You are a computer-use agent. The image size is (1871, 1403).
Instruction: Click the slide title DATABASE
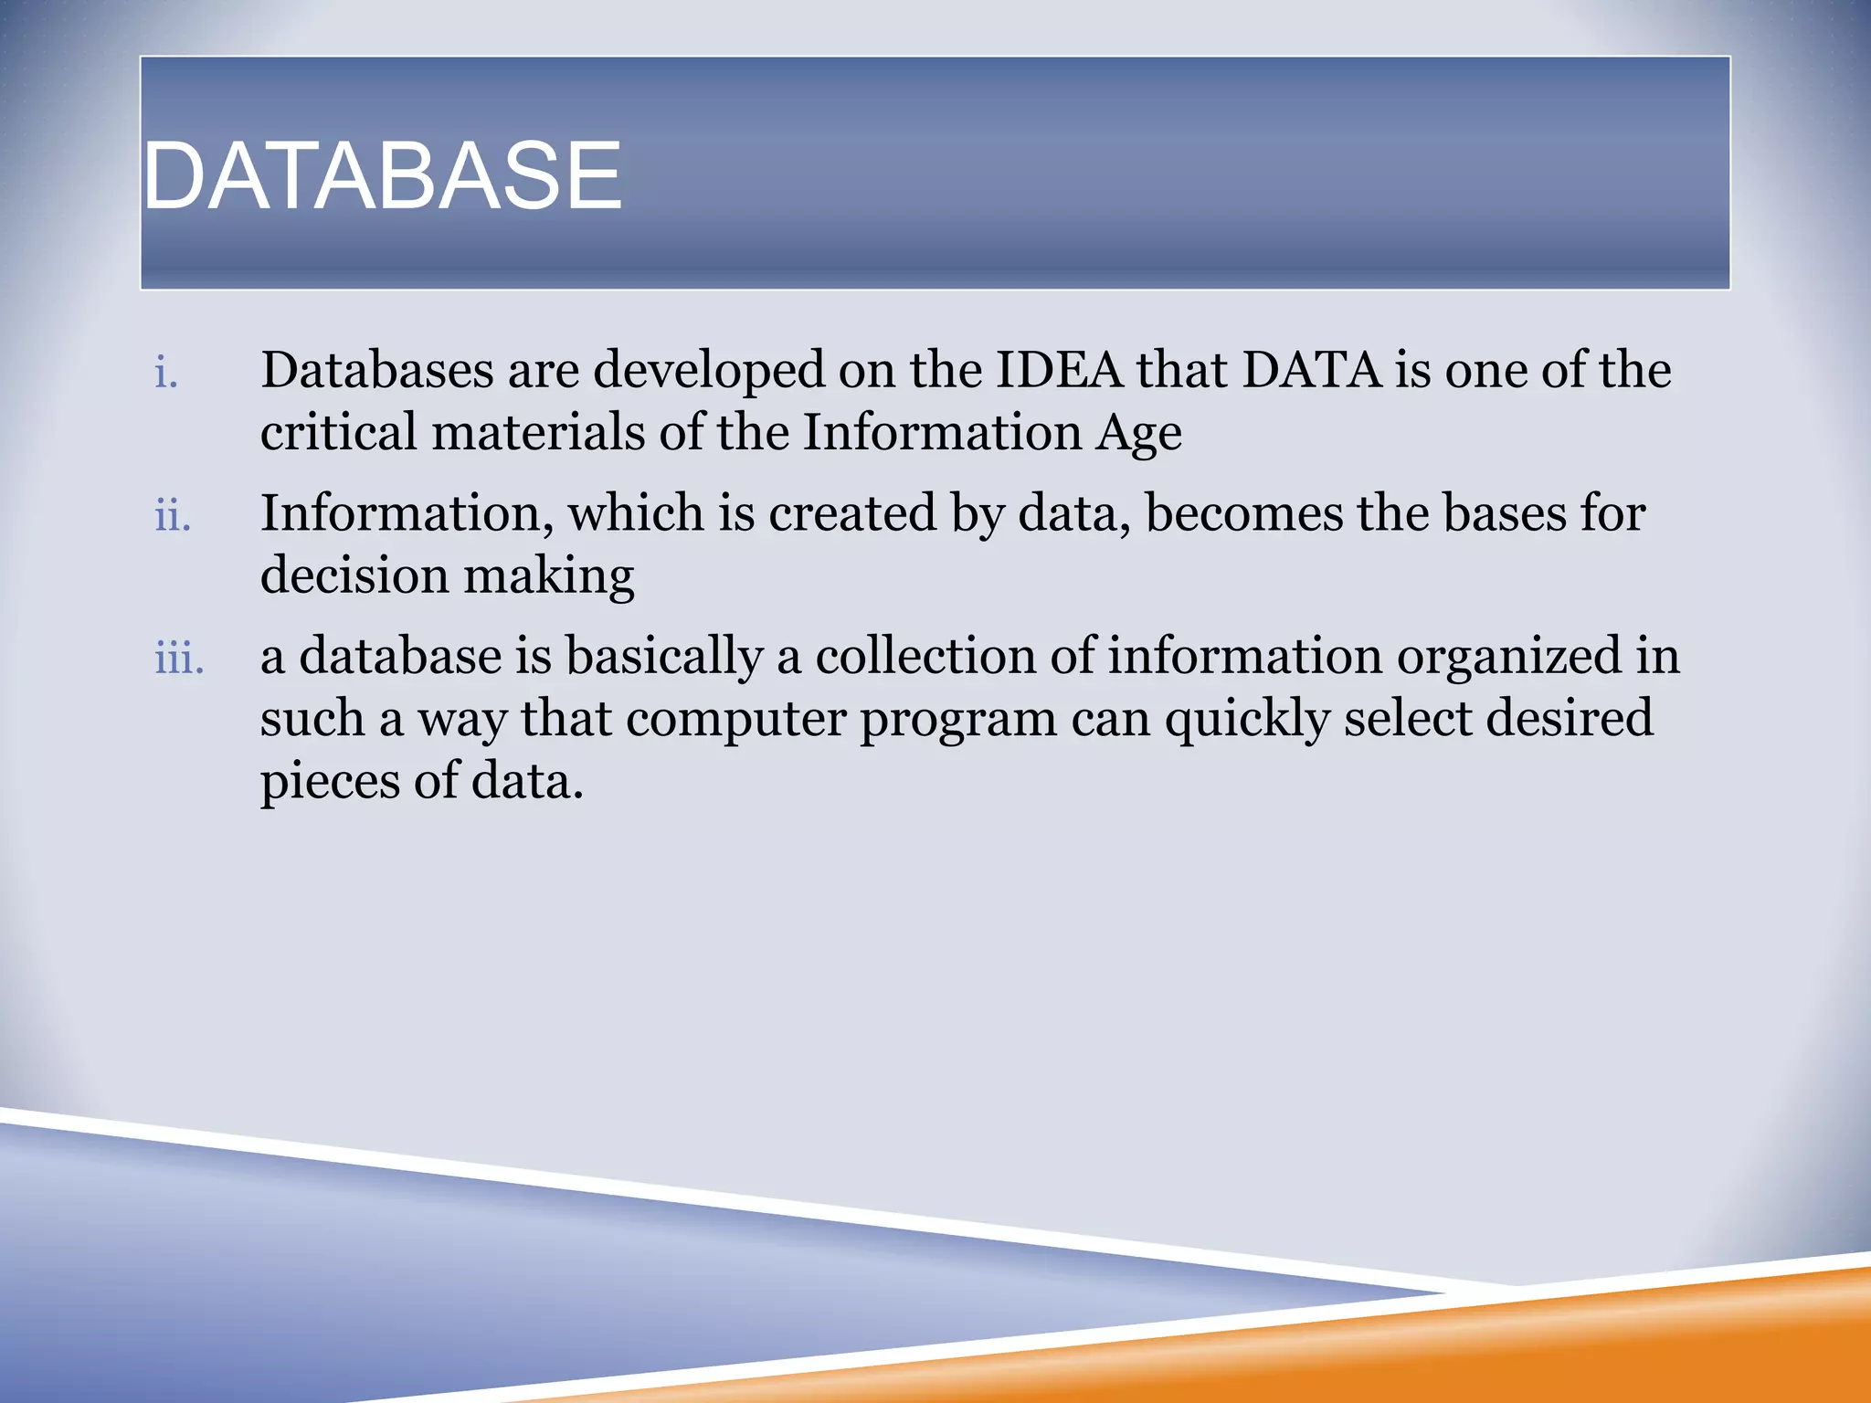pos(383,175)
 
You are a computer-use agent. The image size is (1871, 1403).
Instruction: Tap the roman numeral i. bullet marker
pos(166,374)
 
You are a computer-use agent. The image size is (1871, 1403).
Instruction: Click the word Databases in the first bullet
pos(376,370)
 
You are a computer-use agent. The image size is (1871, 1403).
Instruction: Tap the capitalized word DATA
pos(1311,370)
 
